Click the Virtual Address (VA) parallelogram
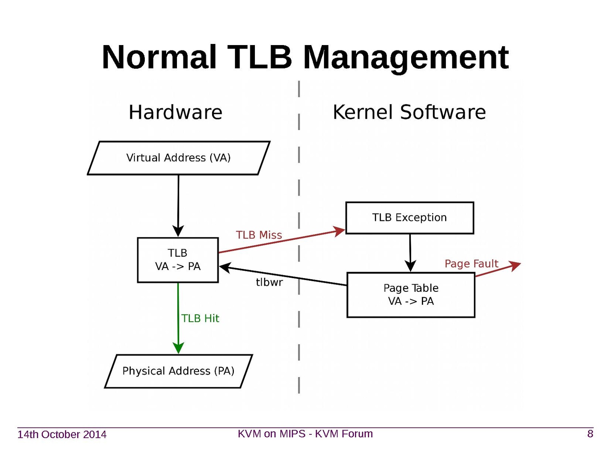pyautogui.click(x=178, y=158)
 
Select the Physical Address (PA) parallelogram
pyautogui.click(x=178, y=371)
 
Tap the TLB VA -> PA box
pyautogui.click(x=178, y=260)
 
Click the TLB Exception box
pyautogui.click(x=409, y=218)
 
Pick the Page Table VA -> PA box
pyautogui.click(x=411, y=295)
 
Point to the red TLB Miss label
pyautogui.click(x=259, y=235)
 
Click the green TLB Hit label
pyautogui.click(x=200, y=318)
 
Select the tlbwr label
pyautogui.click(x=269, y=282)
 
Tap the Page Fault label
pyautogui.click(x=471, y=264)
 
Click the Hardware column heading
pyautogui.click(x=175, y=112)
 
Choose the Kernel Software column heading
pyautogui.click(x=409, y=112)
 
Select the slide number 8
pyautogui.click(x=590, y=434)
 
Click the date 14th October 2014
pyautogui.click(x=62, y=434)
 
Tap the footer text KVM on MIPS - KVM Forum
pyautogui.click(x=305, y=434)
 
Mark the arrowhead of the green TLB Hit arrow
pyautogui.click(x=178, y=348)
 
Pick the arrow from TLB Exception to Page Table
pyautogui.click(x=410, y=252)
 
